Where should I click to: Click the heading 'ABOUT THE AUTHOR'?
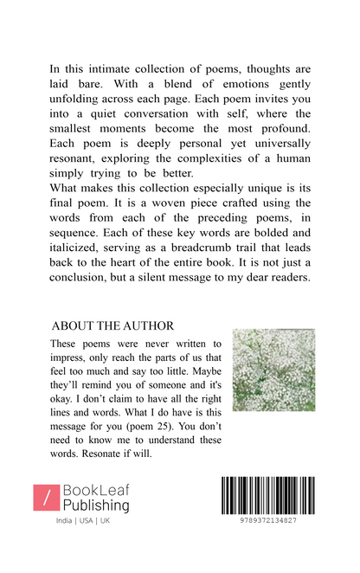[x=113, y=325]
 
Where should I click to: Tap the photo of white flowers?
[x=273, y=370]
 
